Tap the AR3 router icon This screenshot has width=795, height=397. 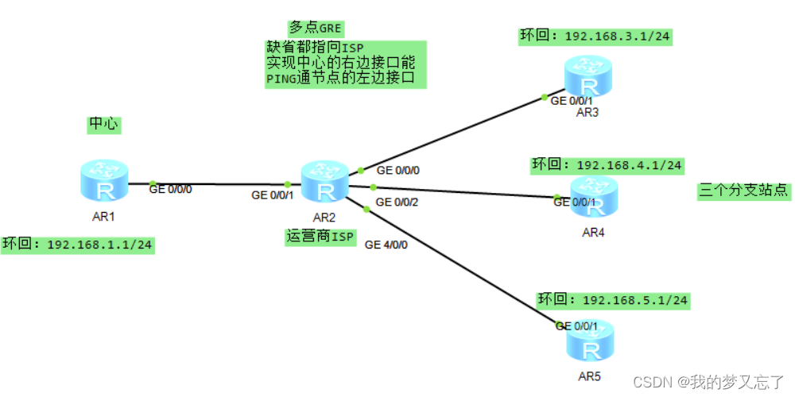[x=588, y=78]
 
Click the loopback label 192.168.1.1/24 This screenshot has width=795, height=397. [x=77, y=244]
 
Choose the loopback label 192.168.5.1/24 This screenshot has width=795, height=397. [x=613, y=300]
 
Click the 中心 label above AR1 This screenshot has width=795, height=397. [x=103, y=125]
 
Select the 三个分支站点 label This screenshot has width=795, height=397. [x=744, y=191]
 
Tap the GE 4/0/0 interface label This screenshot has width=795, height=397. [x=386, y=245]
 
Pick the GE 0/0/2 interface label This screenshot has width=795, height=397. [x=396, y=202]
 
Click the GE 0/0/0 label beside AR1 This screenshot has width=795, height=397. [x=171, y=189]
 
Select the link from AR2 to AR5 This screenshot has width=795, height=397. [x=461, y=266]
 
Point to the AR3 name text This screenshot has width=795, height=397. [x=588, y=112]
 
